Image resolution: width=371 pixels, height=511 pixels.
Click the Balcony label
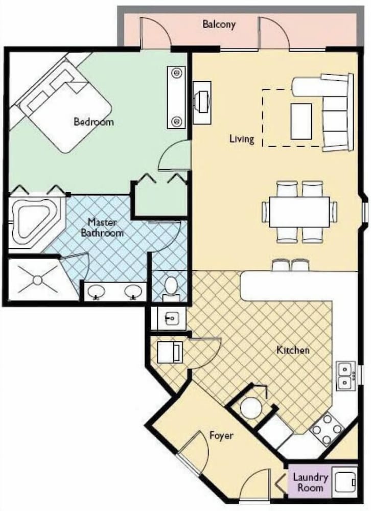pos(219,25)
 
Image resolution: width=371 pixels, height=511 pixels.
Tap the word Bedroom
pos(94,122)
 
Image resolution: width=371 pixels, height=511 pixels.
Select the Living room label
pos(242,139)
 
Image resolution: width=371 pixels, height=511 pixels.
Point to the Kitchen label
pos(293,351)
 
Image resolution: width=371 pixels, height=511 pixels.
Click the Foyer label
pos(221,436)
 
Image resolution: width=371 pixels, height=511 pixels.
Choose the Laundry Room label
pos(310,483)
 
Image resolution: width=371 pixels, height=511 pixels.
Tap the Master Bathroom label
pos(102,227)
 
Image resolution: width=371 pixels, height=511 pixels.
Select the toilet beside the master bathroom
pos(171,288)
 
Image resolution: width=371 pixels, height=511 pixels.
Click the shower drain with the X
pos(38,280)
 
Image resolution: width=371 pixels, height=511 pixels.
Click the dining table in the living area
pos(299,212)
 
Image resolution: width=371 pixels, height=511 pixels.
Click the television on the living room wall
pos(202,102)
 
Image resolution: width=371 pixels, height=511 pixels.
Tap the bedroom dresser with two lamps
pos(176,97)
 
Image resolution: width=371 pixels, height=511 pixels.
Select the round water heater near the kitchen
pos(251,407)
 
